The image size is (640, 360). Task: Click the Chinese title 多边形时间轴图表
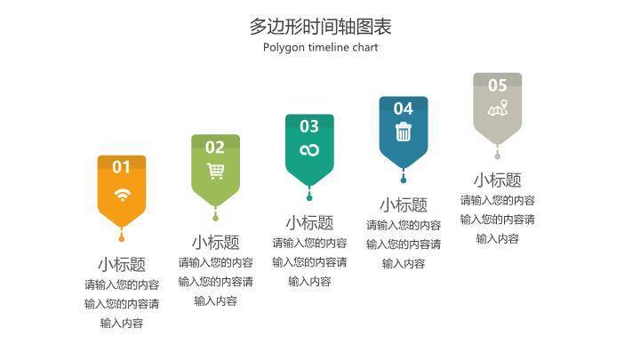320,26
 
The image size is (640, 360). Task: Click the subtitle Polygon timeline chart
320,47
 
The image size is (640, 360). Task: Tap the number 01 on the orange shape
121,166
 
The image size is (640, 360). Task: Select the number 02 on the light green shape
215,147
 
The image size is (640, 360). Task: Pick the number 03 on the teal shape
309,126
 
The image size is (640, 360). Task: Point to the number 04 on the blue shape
404,108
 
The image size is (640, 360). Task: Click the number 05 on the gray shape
497,85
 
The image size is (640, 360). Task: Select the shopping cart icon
215,172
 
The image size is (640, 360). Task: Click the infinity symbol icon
309,150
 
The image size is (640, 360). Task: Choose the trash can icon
404,132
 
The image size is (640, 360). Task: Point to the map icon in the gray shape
497,109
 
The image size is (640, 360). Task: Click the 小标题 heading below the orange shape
122,264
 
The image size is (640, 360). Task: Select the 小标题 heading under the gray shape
497,180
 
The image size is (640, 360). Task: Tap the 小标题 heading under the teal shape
309,222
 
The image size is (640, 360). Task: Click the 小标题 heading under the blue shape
404,204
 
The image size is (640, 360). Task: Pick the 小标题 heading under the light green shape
215,242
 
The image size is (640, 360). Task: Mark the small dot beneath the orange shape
122,237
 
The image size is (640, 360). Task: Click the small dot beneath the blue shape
404,177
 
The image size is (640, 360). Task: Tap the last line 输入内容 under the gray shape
497,238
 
